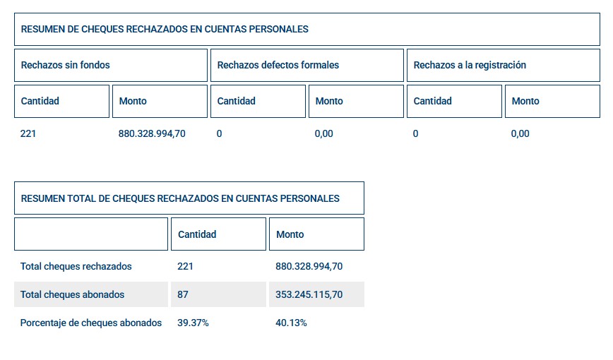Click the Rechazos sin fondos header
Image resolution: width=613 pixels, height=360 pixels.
click(x=66, y=65)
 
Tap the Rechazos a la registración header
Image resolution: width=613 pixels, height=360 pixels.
click(x=470, y=65)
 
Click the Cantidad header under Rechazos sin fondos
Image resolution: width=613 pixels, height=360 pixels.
click(x=40, y=101)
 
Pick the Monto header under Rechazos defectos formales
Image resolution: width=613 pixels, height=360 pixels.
click(x=329, y=101)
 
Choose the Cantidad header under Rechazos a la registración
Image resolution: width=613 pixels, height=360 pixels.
click(x=432, y=101)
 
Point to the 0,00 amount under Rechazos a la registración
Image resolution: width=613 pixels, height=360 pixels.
click(x=520, y=133)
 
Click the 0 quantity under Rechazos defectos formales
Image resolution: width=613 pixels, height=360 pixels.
click(x=220, y=133)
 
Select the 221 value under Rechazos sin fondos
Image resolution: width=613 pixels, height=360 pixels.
click(x=28, y=133)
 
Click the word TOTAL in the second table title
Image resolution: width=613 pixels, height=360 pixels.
click(x=81, y=198)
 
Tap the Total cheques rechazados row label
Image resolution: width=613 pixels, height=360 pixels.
click(x=76, y=266)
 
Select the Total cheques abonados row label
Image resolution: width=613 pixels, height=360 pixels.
click(x=73, y=294)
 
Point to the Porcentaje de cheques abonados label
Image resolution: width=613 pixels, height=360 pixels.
click(x=91, y=323)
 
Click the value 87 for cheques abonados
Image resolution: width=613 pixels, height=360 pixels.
click(x=184, y=294)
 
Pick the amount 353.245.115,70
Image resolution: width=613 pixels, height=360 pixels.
click(x=309, y=294)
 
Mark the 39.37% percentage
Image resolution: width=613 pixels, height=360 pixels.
click(x=193, y=323)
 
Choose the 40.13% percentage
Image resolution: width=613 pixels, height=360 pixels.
click(x=291, y=323)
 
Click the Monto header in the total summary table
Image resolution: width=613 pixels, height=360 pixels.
click(x=290, y=234)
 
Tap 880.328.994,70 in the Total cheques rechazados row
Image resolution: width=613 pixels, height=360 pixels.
click(x=309, y=266)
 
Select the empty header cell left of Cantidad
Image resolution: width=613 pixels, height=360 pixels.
click(x=91, y=234)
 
